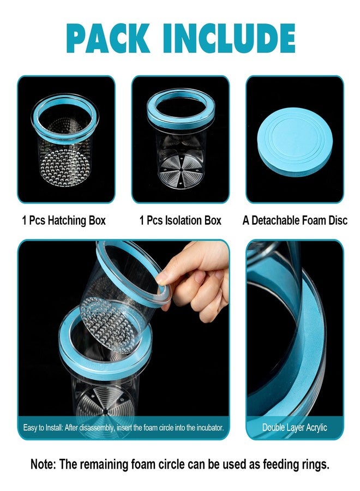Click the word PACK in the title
107,38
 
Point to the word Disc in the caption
338,220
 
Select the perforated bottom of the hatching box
64,167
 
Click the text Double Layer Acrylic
295,427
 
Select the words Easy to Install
43,428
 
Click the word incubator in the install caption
210,428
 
